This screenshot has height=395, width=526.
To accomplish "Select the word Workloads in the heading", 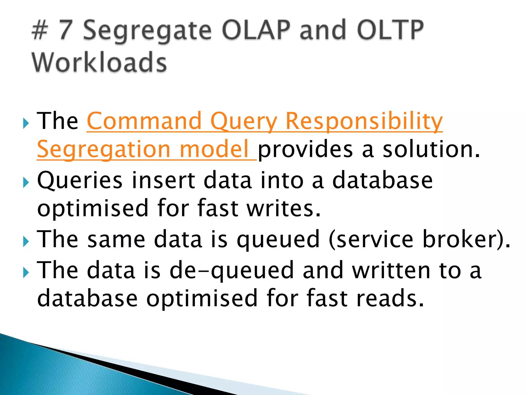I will (99, 62).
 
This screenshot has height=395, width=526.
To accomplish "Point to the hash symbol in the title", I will (40, 31).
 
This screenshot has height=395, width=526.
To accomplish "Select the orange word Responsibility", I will (364, 121).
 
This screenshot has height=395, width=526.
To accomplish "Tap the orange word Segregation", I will (104, 150).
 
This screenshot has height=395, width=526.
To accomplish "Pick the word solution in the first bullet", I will (431, 149).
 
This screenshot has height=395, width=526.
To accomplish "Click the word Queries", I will (80, 181).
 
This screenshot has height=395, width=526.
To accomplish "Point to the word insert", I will (163, 180).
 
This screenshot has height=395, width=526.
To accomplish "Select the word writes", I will (284, 208).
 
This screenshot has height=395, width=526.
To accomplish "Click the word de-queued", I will (231, 270).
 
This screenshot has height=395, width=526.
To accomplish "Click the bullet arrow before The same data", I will (26, 242).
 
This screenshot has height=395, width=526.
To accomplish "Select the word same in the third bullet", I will (116, 239).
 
